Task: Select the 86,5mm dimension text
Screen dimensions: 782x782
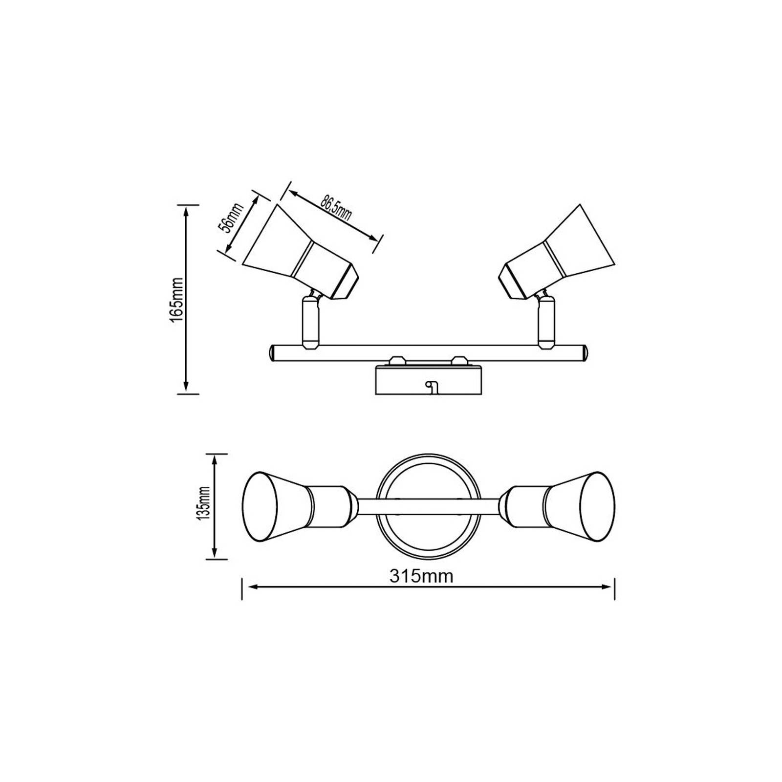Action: point(336,207)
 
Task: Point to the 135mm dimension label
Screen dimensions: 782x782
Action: point(204,503)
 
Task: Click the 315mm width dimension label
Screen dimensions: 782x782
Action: point(421,576)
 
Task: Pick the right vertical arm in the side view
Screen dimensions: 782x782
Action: point(546,323)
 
